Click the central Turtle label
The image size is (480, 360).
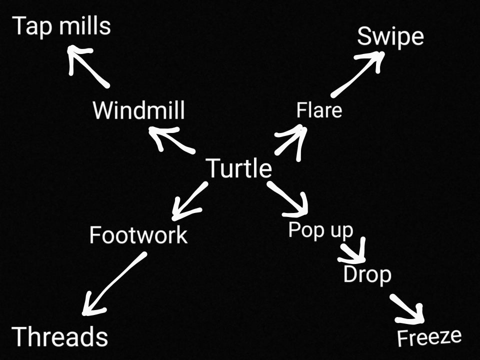(x=239, y=168)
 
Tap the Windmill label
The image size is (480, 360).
(x=138, y=110)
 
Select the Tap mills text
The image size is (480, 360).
(x=61, y=25)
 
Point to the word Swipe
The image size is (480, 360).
(x=390, y=37)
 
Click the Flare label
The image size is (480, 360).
(x=319, y=110)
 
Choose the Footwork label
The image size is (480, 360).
(x=138, y=234)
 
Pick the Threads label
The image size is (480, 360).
(x=60, y=336)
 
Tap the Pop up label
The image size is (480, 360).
(x=321, y=230)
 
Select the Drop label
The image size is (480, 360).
(x=367, y=274)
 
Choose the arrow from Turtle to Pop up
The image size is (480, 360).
(x=289, y=198)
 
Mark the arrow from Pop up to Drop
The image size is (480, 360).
(x=354, y=252)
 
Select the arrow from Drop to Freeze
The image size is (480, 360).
(x=408, y=308)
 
